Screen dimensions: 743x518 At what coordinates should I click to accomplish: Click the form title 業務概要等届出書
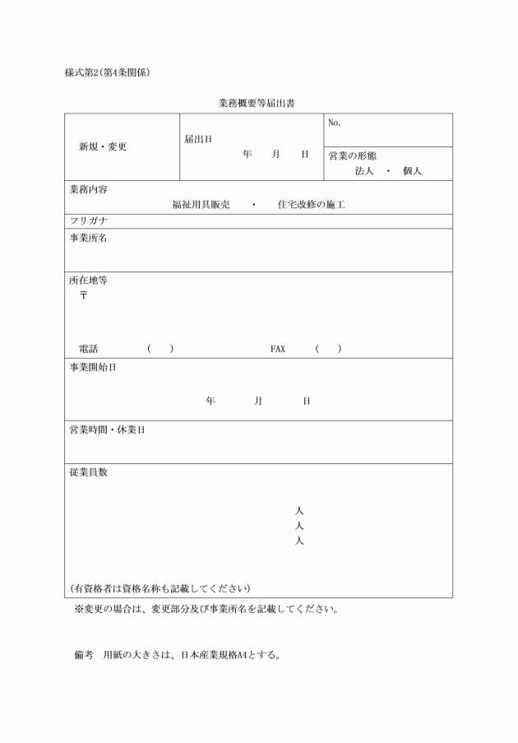pyautogui.click(x=258, y=104)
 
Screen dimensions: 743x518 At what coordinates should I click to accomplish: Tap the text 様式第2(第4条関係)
pyautogui.click(x=107, y=72)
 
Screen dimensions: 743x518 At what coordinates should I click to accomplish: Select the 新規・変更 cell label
pyautogui.click(x=103, y=147)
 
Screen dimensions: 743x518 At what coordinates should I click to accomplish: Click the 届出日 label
pyautogui.click(x=198, y=139)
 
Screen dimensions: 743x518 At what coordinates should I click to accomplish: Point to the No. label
pyautogui.click(x=334, y=123)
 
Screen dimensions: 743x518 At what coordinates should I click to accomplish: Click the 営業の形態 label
pyautogui.click(x=353, y=156)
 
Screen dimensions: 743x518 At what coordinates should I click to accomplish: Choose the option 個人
pyautogui.click(x=412, y=171)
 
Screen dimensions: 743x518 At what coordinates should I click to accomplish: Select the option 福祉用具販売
pyautogui.click(x=199, y=204)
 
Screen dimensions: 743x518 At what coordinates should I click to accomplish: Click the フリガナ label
pyautogui.click(x=89, y=221)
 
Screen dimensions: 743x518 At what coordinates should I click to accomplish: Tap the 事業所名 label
pyautogui.click(x=88, y=239)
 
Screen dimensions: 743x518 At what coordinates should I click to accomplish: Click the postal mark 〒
pyautogui.click(x=83, y=295)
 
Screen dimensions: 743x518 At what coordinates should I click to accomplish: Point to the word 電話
pyautogui.click(x=88, y=349)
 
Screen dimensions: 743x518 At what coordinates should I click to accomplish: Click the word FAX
pyautogui.click(x=278, y=349)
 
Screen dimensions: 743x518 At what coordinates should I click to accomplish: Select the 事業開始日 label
pyautogui.click(x=92, y=367)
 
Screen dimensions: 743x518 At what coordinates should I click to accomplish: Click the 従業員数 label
pyautogui.click(x=88, y=473)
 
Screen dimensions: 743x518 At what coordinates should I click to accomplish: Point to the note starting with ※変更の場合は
pyautogui.click(x=206, y=610)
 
